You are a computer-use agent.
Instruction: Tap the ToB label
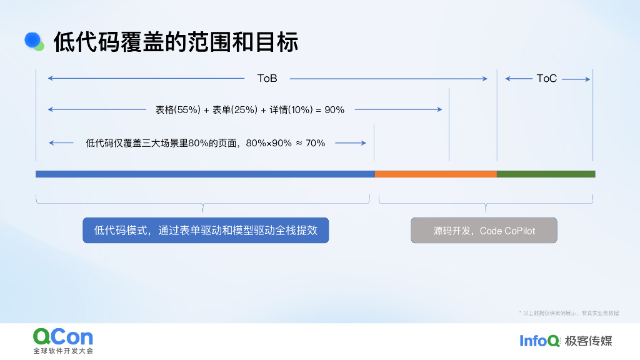[267, 79]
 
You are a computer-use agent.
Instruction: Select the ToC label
[546, 79]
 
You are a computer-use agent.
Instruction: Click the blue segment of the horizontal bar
[205, 174]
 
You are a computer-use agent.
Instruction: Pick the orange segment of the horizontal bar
[436, 174]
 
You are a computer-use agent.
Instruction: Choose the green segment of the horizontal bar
[546, 174]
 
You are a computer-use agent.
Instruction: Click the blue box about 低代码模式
[206, 230]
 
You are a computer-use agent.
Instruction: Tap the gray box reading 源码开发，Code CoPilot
[484, 231]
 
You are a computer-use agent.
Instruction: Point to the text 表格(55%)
[178, 110]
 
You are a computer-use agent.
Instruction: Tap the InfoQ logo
[539, 341]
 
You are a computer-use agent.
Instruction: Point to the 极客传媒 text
[588, 341]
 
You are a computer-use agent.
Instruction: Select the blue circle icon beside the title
[32, 40]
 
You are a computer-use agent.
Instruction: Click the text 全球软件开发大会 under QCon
[62, 351]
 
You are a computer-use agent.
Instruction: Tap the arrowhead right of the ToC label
[587, 79]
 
